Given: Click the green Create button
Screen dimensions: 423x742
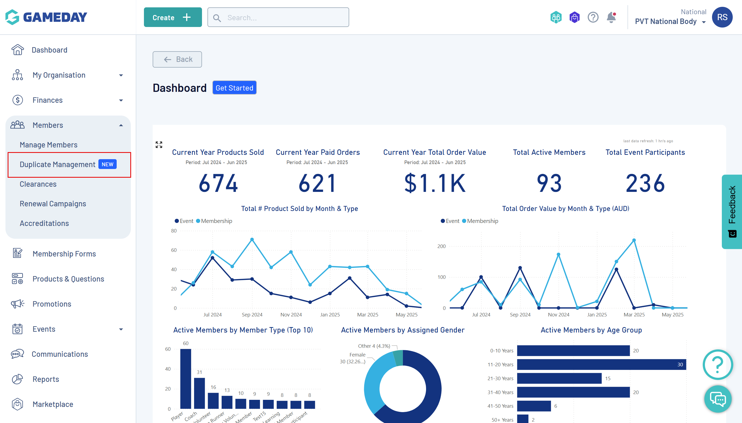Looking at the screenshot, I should tap(173, 17).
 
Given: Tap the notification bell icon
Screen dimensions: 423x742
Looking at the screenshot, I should tap(611, 17).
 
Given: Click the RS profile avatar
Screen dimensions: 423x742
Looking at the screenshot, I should tap(722, 17).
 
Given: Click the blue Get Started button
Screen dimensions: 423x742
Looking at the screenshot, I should tap(234, 88).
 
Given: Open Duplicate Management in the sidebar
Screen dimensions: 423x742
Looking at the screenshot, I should tap(58, 164).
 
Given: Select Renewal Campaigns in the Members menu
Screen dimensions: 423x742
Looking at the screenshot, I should tap(53, 204).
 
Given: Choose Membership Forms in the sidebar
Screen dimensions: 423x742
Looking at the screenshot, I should tap(64, 254).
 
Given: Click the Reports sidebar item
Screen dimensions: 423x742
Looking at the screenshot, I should tap(46, 379).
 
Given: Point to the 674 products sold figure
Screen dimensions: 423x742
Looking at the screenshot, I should tap(218, 183).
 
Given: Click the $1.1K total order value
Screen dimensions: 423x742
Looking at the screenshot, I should tap(435, 183).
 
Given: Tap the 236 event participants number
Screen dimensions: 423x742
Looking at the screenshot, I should tap(645, 183).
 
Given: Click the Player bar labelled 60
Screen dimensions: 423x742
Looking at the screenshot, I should tap(186, 378).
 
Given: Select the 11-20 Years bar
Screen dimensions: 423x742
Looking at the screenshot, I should tap(601, 365).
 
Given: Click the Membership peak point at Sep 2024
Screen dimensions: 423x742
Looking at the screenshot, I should tap(252, 240).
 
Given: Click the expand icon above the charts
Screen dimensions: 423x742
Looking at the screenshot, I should tap(159, 145).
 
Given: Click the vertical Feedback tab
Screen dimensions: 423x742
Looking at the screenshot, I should tap(732, 211).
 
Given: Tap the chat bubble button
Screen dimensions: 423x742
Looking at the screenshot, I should tap(717, 399).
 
